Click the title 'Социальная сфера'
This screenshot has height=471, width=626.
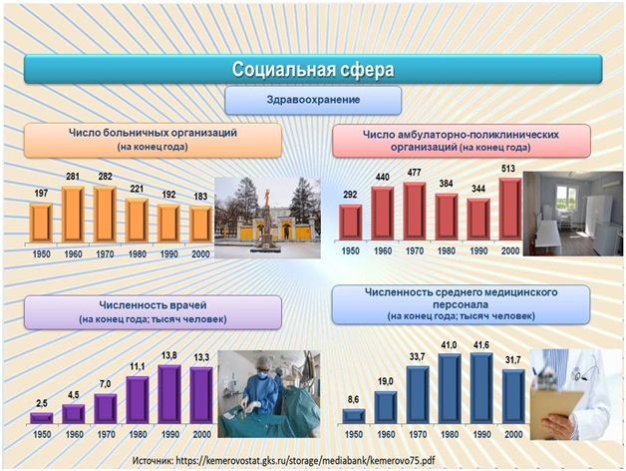click(x=313, y=69)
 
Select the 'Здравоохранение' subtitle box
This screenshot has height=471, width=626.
click(x=313, y=101)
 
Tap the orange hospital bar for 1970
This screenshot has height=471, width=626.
click(x=105, y=214)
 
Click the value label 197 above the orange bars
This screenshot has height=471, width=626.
click(x=41, y=192)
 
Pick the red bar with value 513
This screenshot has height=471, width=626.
click(x=509, y=210)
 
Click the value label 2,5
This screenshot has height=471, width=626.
click(x=41, y=401)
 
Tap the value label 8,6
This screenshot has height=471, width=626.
click(x=353, y=398)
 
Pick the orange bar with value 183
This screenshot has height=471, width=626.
click(x=200, y=223)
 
